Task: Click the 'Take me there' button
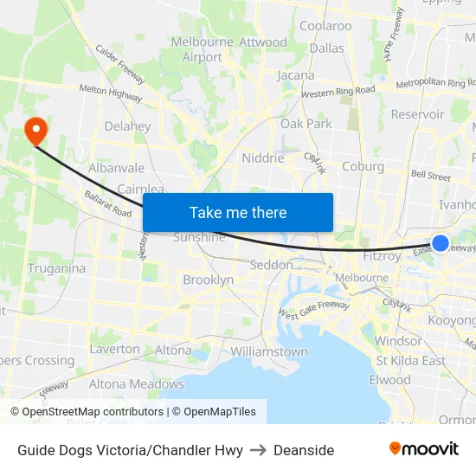tap(237, 213)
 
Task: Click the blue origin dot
tap(440, 243)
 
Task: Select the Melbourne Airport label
tap(203, 49)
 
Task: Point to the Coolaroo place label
tap(325, 26)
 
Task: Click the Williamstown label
tap(269, 351)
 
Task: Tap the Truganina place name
tap(56, 268)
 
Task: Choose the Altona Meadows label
tap(137, 383)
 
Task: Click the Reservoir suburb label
tap(417, 114)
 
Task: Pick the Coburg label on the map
tap(363, 166)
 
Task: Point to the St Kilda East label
tap(410, 360)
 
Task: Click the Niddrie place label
tap(263, 158)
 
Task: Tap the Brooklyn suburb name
tap(208, 280)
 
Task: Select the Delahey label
tap(127, 126)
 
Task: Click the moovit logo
tap(423, 448)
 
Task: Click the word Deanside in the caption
tap(304, 449)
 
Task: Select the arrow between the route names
tap(258, 449)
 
